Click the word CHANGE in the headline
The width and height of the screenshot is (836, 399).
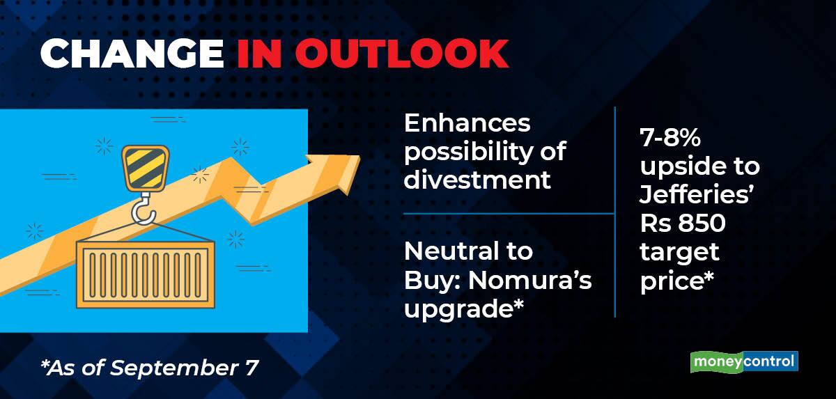(132, 54)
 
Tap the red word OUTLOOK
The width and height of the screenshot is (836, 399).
(402, 54)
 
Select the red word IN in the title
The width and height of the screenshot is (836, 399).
(259, 54)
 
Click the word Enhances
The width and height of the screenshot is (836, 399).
(467, 123)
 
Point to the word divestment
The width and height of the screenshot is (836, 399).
(477, 180)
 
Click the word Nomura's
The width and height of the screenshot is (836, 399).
(530, 280)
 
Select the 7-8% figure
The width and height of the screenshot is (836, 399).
(670, 137)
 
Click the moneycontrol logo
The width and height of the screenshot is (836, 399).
(744, 361)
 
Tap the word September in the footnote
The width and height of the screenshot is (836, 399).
(174, 368)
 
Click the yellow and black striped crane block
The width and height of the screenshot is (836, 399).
(145, 169)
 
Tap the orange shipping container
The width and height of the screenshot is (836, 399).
(146, 275)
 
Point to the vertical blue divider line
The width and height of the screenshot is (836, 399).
(614, 212)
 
